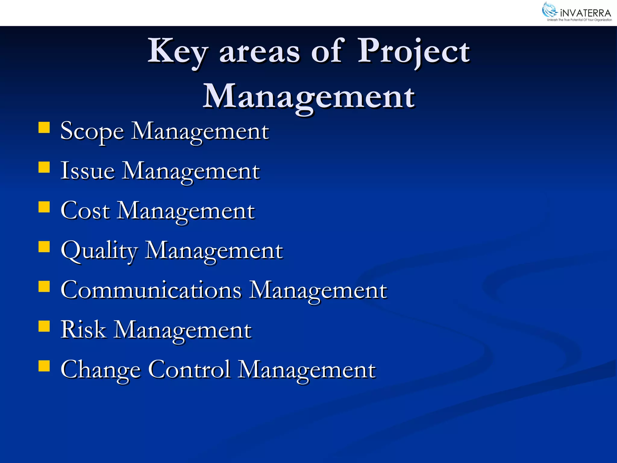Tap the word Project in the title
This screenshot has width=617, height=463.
click(x=413, y=52)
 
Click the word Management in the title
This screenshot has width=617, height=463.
click(x=309, y=97)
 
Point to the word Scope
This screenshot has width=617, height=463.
click(x=92, y=131)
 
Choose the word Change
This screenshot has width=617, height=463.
click(x=101, y=370)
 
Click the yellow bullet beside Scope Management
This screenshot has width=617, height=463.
click(x=44, y=127)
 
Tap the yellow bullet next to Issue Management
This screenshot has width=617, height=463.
click(x=44, y=167)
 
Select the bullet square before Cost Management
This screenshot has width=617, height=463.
click(x=44, y=207)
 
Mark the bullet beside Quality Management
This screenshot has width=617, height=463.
click(x=44, y=247)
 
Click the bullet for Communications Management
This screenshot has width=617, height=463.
click(x=44, y=286)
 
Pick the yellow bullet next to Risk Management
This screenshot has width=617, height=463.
click(x=44, y=326)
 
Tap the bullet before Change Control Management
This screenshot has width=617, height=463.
click(x=44, y=366)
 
